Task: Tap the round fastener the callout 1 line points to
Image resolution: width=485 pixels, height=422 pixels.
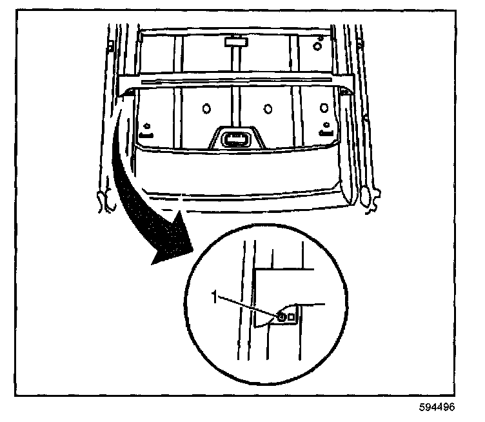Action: coord(282,317)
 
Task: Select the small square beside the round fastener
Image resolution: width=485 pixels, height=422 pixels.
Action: coord(292,317)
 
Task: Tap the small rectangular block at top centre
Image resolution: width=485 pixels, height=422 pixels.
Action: coord(236,43)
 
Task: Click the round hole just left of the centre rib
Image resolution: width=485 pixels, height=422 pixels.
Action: coord(206,107)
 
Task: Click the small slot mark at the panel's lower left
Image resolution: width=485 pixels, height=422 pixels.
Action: coord(146,135)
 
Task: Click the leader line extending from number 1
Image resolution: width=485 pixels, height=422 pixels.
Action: coord(248,306)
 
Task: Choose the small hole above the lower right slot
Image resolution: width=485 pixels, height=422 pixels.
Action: coord(326,124)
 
